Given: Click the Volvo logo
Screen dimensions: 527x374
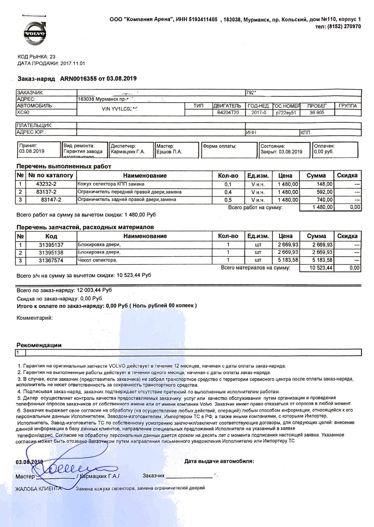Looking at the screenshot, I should pos(35,34).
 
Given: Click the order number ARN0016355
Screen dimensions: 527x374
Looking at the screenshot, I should pos(78,79).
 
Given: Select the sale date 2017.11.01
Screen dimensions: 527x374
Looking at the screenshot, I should pos(72,63).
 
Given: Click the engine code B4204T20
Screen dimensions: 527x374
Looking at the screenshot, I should pos(228,112).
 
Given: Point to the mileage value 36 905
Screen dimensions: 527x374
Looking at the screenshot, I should pos(317,112).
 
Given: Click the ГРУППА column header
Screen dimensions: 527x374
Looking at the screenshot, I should pos(348,106).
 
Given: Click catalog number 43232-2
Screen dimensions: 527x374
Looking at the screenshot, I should pos(46,184).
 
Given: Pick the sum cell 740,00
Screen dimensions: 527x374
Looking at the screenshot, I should pos(325,200).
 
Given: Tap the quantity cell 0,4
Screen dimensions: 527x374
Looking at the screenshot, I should pos(228,192).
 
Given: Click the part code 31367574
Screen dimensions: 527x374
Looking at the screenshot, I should pos(51,260).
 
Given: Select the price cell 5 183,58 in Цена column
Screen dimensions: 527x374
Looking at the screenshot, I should pos(288,260).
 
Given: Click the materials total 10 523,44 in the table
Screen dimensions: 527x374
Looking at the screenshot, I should pos(321,268).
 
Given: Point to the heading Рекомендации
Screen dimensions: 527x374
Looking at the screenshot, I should pos(39,345).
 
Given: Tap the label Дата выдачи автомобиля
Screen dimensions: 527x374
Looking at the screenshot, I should pos(219,461).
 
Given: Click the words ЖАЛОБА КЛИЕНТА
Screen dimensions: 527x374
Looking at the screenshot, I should pos(38,489).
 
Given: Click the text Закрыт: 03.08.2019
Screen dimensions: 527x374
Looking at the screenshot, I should pos(281,152).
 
